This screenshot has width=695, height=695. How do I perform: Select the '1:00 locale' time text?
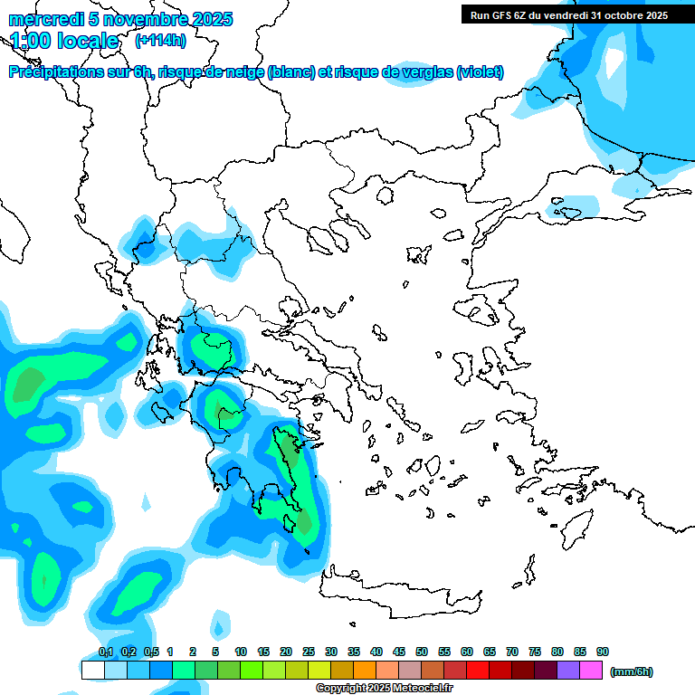click(x=64, y=41)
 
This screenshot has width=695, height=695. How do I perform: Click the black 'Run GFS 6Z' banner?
click(x=568, y=14)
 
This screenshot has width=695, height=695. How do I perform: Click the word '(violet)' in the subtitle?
click(x=480, y=72)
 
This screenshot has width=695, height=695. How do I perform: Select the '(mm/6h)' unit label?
click(x=632, y=671)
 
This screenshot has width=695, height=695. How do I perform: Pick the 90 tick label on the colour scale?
click(x=603, y=652)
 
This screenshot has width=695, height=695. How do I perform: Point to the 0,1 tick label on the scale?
click(x=106, y=652)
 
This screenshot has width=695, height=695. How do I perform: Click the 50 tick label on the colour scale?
click(x=422, y=652)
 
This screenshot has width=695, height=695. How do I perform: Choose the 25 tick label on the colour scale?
click(x=309, y=652)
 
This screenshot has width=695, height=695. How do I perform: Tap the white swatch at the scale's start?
click(x=92, y=671)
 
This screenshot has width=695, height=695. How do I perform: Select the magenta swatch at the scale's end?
click(x=591, y=671)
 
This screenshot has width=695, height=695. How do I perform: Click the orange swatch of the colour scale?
click(x=365, y=671)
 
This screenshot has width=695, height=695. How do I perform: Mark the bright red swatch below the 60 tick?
click(x=478, y=671)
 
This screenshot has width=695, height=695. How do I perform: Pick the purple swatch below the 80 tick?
click(x=568, y=671)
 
